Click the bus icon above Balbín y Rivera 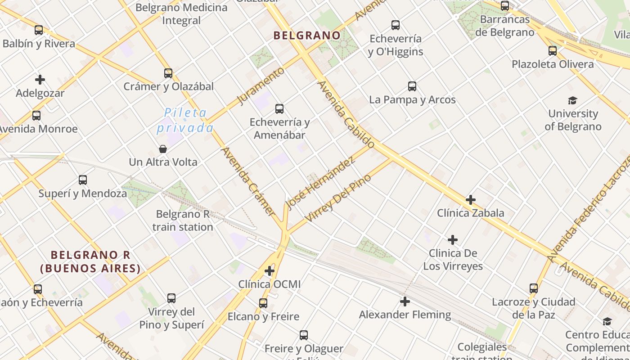coord(39,30)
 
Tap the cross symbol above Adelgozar coord(40,80)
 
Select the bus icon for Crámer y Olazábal coord(168,73)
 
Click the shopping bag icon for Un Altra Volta coord(163,148)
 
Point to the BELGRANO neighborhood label coord(307,35)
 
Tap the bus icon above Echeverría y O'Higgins coord(396,25)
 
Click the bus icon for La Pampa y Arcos coord(412,86)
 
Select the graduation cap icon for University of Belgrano coord(572,100)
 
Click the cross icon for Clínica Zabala coord(471,199)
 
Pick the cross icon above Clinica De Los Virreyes coord(453,240)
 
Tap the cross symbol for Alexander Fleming coord(405,301)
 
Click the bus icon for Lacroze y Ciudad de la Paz coord(534,288)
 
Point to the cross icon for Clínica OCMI coord(270,271)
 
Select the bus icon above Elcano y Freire coord(263,303)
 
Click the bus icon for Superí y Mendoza coord(83,180)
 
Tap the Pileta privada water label coord(185,120)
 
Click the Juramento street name coord(261,85)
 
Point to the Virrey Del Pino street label coord(338,198)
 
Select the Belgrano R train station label coord(183,220)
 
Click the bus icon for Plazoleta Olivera coord(553,51)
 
